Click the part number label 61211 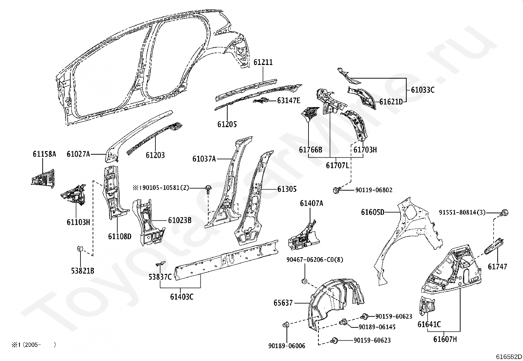[x=263, y=62]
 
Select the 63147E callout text [x=288, y=101]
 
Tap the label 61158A [x=44, y=154]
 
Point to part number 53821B [x=82, y=271]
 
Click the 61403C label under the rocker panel [x=182, y=297]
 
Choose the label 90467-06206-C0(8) [x=314, y=259]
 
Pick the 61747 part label [x=497, y=267]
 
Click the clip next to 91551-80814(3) [x=505, y=213]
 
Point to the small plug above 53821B [x=79, y=248]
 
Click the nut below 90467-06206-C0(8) [x=304, y=281]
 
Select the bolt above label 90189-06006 [x=285, y=325]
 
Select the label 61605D [x=373, y=212]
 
